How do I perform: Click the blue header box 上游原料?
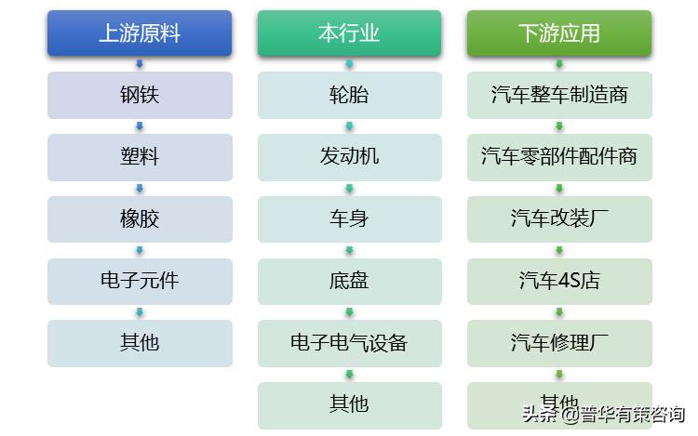pyautogui.click(x=140, y=33)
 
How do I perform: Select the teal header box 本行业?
pyautogui.click(x=349, y=33)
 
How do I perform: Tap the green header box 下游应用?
pyautogui.click(x=558, y=33)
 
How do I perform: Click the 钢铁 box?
pyautogui.click(x=140, y=95)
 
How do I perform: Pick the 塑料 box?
pyautogui.click(x=140, y=157)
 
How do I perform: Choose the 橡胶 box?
pyautogui.click(x=140, y=219)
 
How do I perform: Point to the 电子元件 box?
pyautogui.click(x=140, y=281)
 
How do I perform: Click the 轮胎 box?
pyautogui.click(x=349, y=95)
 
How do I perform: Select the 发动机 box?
pyautogui.click(x=349, y=157)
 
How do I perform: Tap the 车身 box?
pyautogui.click(x=349, y=219)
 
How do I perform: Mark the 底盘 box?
pyautogui.click(x=349, y=281)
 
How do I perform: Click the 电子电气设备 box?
pyautogui.click(x=349, y=343)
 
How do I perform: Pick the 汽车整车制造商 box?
pyautogui.click(x=558, y=95)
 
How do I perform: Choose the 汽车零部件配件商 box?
pyautogui.click(x=558, y=157)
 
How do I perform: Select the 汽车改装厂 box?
pyautogui.click(x=558, y=219)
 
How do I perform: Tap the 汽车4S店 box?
pyautogui.click(x=558, y=281)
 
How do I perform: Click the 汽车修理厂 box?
pyautogui.click(x=558, y=343)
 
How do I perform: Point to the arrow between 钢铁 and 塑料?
pyautogui.click(x=140, y=126)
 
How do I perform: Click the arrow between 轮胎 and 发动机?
pyautogui.click(x=349, y=126)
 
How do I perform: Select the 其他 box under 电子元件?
pyautogui.click(x=140, y=343)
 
